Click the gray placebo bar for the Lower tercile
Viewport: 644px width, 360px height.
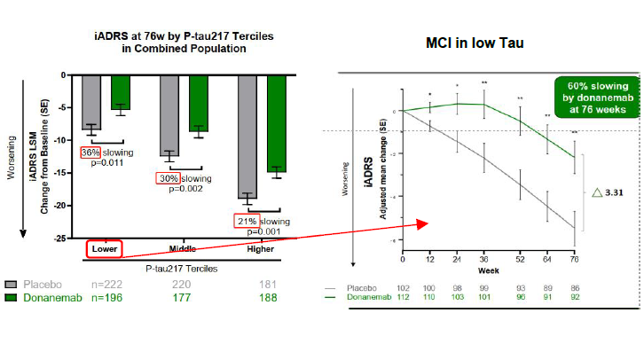(90, 102)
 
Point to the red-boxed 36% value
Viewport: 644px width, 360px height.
(90, 153)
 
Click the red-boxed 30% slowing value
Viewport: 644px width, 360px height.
(168, 178)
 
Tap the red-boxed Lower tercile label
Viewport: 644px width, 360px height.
(105, 249)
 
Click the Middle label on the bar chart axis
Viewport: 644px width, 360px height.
(182, 249)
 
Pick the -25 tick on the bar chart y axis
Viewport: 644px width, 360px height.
(59, 239)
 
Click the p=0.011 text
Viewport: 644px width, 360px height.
(108, 163)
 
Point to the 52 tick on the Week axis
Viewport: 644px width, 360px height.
(519, 259)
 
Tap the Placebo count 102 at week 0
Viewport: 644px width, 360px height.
(404, 288)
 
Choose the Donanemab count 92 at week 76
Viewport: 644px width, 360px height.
(576, 297)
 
